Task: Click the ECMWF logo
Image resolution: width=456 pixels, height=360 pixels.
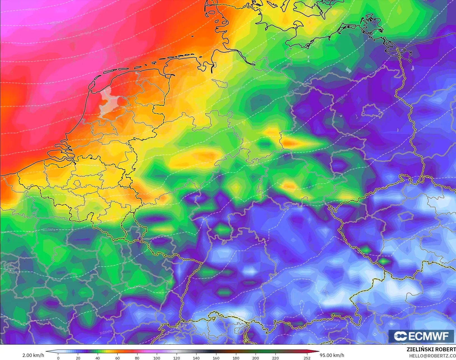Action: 421,336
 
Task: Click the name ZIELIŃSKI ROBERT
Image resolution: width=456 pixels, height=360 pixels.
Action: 431,349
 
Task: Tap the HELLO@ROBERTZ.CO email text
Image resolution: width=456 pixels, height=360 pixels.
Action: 432,356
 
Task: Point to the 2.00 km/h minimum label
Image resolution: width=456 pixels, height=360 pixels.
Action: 33,355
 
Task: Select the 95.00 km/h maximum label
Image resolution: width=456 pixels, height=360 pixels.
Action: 332,355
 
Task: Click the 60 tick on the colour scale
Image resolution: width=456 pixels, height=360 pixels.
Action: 117,358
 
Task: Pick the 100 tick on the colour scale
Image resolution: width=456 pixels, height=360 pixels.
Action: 157,358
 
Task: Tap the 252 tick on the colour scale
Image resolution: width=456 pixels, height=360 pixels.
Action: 307,358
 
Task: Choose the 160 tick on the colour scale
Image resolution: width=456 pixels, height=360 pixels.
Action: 216,358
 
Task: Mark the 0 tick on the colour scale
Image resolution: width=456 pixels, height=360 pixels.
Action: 58,358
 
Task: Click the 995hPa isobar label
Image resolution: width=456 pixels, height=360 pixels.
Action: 33,10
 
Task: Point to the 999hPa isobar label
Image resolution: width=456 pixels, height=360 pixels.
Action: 86,34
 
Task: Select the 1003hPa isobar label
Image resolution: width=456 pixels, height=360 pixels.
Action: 130,58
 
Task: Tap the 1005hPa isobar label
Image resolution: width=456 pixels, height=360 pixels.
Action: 146,78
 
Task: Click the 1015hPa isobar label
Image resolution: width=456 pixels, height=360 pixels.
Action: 49,230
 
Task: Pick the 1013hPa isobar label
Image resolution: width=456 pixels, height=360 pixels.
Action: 342,98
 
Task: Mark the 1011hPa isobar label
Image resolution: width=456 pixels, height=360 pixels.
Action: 293,91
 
